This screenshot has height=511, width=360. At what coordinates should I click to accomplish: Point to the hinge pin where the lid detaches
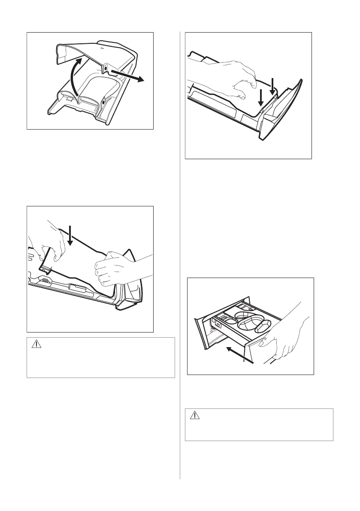(106, 68)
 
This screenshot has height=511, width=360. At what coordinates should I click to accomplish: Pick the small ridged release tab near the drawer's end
(44, 281)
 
